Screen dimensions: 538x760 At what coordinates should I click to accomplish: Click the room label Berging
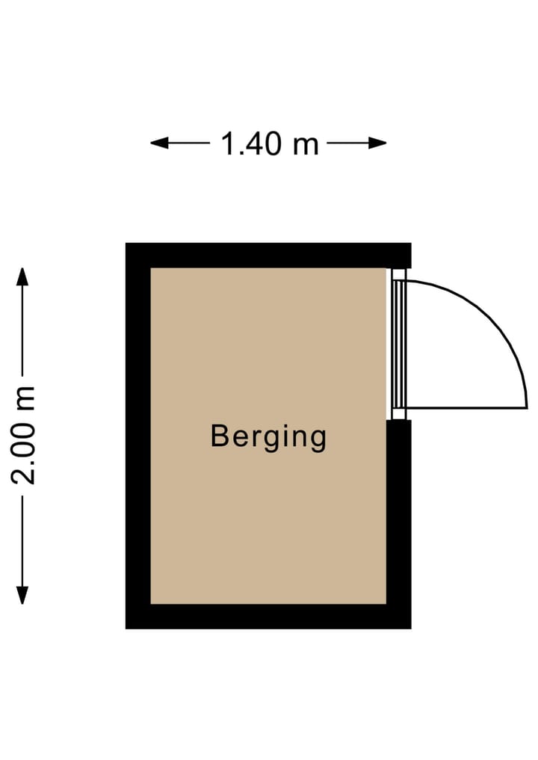pos(268,437)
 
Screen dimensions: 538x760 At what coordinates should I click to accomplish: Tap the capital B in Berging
pos(219,435)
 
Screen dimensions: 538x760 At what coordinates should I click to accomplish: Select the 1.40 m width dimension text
pos(270,144)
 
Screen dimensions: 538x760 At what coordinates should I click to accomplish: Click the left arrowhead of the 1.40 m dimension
pos(159,143)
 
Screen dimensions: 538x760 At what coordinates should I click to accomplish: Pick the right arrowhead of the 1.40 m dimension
pos(377,143)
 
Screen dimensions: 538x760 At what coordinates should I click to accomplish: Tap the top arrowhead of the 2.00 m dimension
pos(22,276)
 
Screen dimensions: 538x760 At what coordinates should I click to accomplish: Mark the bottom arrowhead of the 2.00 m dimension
pos(22,595)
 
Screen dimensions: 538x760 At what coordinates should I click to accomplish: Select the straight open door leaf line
pos(466,408)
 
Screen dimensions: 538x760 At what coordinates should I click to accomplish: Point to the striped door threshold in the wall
pos(398,345)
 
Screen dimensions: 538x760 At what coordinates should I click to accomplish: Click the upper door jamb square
pos(398,274)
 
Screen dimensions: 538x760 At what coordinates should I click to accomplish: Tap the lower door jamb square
pos(398,415)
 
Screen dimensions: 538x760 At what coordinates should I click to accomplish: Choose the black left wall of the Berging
pos(138,436)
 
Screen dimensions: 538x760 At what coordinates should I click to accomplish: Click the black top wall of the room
pos(268,256)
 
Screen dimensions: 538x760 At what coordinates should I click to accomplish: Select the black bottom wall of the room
pos(268,617)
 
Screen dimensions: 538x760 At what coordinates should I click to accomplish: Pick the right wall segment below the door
pos(399,524)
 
